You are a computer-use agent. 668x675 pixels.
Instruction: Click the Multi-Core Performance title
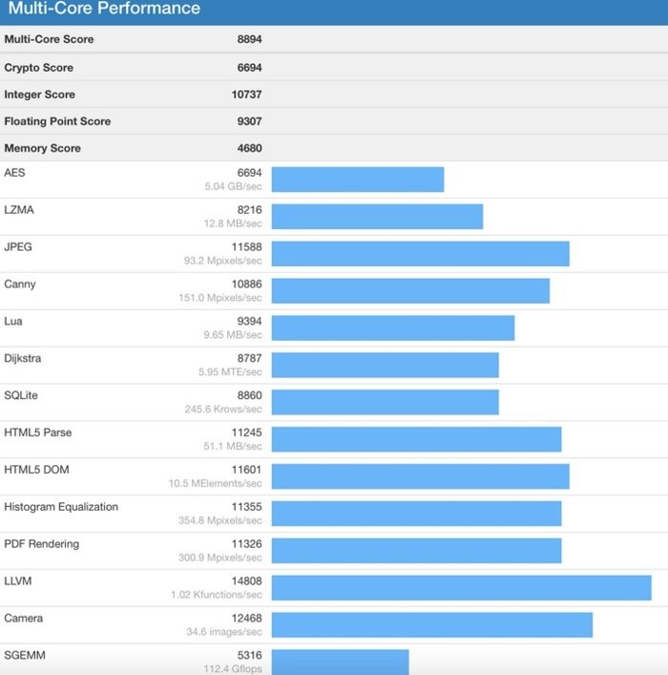click(x=104, y=9)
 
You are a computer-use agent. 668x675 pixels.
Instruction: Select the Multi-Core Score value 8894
click(x=249, y=40)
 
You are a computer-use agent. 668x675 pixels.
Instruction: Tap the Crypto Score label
click(x=38, y=68)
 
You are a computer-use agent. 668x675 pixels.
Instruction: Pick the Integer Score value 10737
click(x=246, y=95)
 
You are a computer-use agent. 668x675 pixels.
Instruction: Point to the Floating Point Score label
click(x=57, y=121)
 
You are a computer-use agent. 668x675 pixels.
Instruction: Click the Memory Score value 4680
click(x=249, y=148)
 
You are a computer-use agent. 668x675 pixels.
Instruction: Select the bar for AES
click(x=358, y=179)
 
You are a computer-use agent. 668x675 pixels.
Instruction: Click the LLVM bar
click(x=461, y=588)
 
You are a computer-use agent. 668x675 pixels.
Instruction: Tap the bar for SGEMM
click(x=340, y=662)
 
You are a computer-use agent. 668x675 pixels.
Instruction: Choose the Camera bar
click(x=431, y=625)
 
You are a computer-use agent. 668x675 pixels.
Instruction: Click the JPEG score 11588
click(x=246, y=247)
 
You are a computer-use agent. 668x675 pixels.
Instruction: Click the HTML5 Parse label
click(x=37, y=433)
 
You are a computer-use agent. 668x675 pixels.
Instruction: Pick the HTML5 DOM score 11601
click(x=246, y=471)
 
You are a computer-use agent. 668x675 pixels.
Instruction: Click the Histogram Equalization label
click(x=61, y=507)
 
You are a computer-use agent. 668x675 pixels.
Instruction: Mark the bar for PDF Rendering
click(x=416, y=551)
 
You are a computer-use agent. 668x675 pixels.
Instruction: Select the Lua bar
click(x=393, y=327)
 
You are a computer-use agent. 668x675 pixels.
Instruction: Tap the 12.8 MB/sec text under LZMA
click(x=234, y=223)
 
